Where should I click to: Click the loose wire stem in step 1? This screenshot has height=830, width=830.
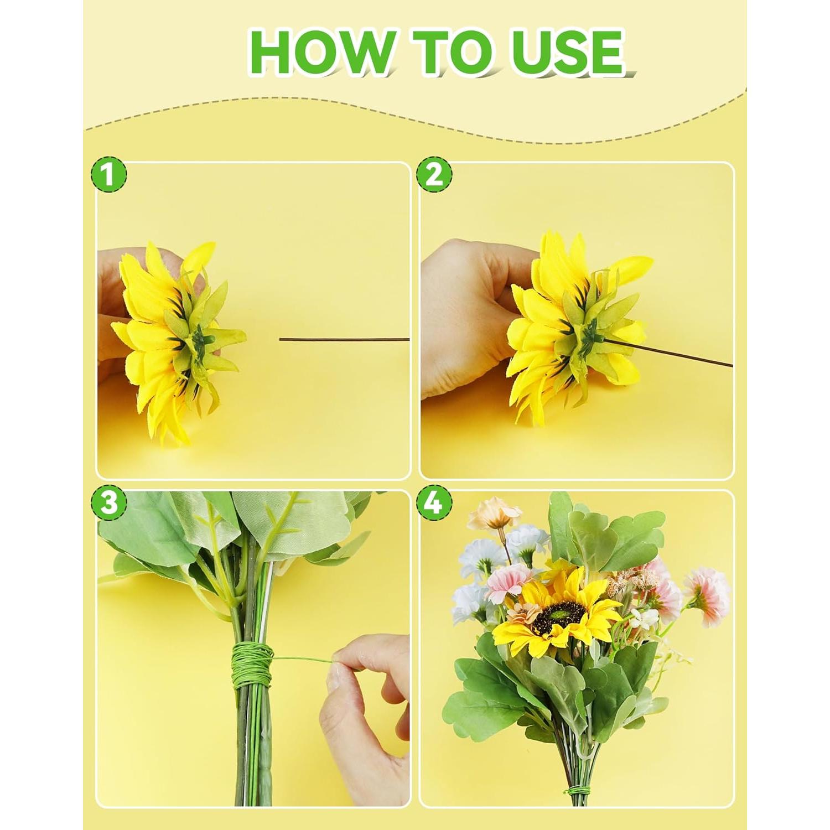(343, 340)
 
